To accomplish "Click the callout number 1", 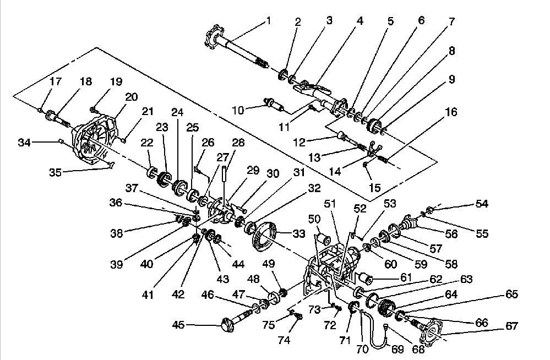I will tap(269, 21).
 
